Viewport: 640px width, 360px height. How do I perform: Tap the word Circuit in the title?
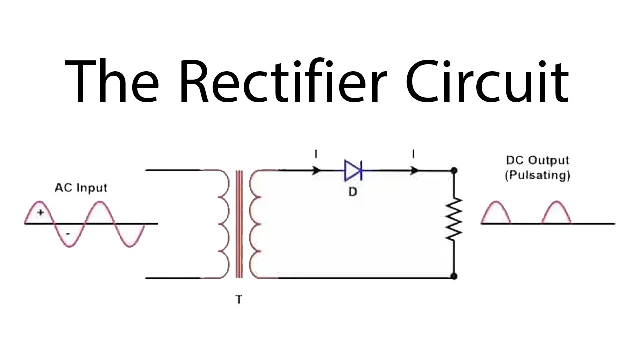pyautogui.click(x=487, y=80)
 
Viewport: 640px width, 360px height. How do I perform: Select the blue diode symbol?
pyautogui.click(x=353, y=171)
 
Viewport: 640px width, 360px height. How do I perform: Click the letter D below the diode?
pyautogui.click(x=353, y=192)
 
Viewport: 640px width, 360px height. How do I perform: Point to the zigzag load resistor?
pyautogui.click(x=454, y=220)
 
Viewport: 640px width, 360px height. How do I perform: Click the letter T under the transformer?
pyautogui.click(x=239, y=300)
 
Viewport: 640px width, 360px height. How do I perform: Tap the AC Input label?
pyautogui.click(x=81, y=188)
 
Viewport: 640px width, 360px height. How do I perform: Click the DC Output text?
pyautogui.click(x=537, y=161)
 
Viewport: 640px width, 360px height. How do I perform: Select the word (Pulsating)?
pyautogui.click(x=537, y=175)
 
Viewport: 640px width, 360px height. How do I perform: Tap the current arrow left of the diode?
pyautogui.click(x=315, y=171)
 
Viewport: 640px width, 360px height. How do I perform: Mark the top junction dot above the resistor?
pyautogui.click(x=454, y=171)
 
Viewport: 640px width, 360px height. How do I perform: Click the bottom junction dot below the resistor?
pyautogui.click(x=454, y=276)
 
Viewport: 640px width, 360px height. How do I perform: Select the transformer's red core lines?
pyautogui.click(x=239, y=223)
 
